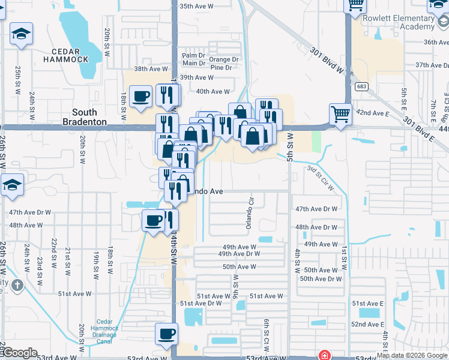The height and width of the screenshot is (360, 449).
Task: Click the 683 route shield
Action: (361, 86)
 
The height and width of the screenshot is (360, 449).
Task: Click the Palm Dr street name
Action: (194, 55)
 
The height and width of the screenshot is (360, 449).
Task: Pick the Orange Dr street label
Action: (224, 59)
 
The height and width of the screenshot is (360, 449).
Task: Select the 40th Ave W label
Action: (213, 91)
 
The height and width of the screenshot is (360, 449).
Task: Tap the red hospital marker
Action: (325, 355)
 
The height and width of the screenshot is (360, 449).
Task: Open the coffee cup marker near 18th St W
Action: (142, 97)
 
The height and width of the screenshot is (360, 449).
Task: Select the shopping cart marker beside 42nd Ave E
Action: (340, 112)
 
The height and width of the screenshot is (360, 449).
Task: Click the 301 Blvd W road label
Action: (327, 61)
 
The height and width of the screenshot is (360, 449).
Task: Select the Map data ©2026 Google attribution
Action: (412, 355)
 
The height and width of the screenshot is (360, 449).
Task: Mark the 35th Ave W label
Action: (196, 6)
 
